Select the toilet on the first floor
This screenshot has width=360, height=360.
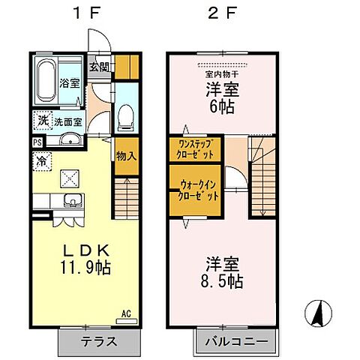click(126, 112)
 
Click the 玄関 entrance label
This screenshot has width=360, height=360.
click(98, 67)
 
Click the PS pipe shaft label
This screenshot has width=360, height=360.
click(37, 140)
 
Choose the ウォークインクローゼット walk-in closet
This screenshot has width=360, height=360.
click(198, 190)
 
